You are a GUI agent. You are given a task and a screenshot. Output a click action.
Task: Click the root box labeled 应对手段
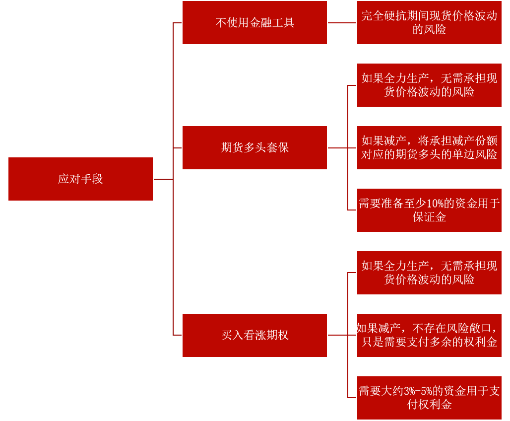80,179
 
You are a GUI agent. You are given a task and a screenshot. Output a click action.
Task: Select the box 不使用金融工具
255,22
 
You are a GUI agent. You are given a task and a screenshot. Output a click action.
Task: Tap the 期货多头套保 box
255,147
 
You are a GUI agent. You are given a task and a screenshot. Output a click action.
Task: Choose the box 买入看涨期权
255,335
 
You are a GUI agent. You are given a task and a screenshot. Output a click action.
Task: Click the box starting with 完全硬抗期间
429,22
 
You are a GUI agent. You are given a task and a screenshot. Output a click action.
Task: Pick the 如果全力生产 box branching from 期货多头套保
429,85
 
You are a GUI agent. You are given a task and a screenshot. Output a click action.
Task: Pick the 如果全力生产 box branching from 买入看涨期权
429,273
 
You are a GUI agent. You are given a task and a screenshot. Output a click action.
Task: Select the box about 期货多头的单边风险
429,147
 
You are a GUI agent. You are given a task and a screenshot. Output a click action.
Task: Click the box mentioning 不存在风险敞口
429,335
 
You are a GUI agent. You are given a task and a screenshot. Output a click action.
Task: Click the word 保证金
429,217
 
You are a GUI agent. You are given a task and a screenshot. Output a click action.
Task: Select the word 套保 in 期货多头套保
277,147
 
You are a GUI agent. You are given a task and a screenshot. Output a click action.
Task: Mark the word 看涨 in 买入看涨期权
255,335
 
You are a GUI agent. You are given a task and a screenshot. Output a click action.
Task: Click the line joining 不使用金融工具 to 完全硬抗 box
342,23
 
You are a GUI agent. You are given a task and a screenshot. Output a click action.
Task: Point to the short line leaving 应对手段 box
163,179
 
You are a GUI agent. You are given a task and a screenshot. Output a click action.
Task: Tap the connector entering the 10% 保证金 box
352,210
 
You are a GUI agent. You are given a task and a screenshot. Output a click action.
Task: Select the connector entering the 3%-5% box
352,398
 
